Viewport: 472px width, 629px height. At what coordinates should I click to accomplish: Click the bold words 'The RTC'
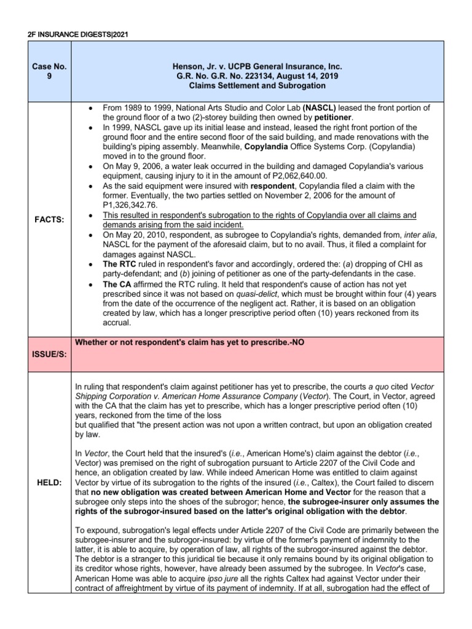point(119,263)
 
